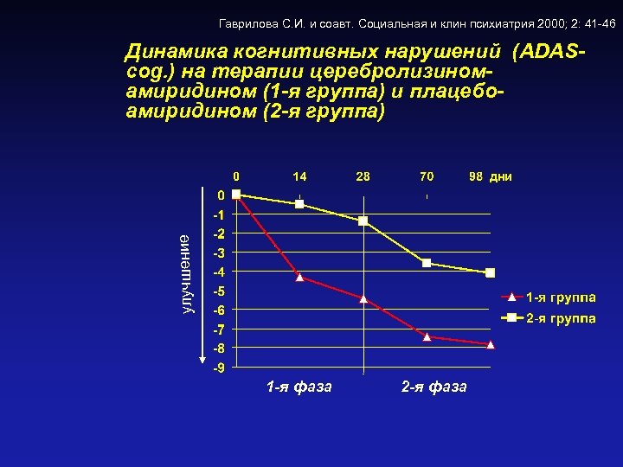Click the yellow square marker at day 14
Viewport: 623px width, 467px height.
click(299, 204)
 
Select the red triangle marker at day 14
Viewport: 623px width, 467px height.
click(299, 278)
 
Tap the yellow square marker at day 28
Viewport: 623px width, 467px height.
click(363, 221)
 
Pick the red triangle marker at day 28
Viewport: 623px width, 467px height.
click(363, 299)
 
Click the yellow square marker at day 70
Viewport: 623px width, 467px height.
click(427, 263)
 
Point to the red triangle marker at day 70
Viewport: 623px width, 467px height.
click(427, 336)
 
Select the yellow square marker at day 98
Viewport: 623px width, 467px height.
click(490, 273)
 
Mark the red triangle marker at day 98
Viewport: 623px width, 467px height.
click(490, 344)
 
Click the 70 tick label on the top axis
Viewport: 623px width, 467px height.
click(427, 176)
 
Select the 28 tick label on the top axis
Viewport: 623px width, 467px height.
click(363, 176)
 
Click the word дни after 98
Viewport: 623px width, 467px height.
click(501, 176)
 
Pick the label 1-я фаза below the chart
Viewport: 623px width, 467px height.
click(299, 387)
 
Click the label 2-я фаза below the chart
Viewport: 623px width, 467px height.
click(434, 387)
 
